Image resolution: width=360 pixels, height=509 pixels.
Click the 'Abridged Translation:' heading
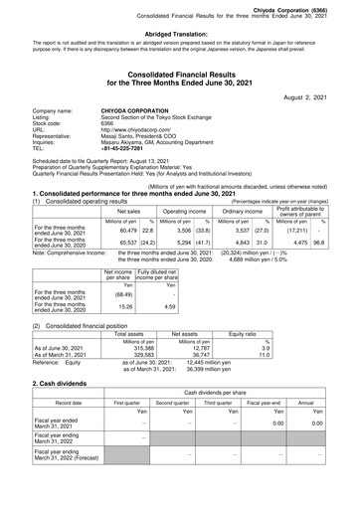coord(179,33)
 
